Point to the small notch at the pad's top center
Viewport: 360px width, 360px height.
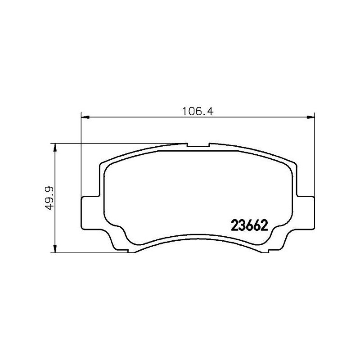(198, 146)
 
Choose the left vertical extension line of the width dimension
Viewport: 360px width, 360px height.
(81, 153)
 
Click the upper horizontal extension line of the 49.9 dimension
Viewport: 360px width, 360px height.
(117, 143)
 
